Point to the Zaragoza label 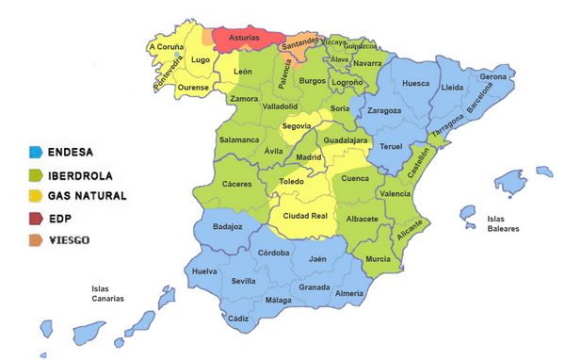[384, 110]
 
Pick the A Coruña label [167, 45]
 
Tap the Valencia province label [394, 193]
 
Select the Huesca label [415, 84]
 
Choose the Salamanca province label [239, 139]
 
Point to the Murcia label [378, 258]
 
